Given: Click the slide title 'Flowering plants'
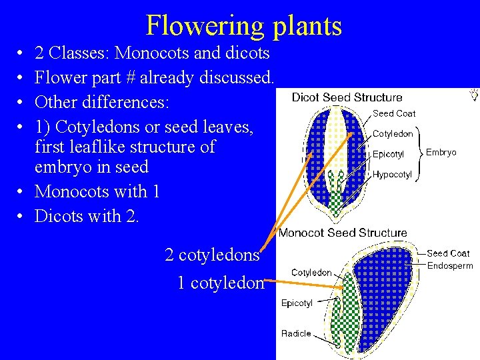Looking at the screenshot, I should pos(243,25).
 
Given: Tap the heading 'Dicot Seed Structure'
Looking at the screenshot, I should pos(347,98).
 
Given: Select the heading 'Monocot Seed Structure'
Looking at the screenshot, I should pos(343,233).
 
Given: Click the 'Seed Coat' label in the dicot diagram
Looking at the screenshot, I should pos(393,113).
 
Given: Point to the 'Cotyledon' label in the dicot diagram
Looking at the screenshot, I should pos(393,133).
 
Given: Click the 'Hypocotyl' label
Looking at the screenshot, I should pos(392,175).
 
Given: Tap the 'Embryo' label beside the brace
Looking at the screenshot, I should pos(441,153).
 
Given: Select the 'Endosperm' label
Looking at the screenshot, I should pos(450,265).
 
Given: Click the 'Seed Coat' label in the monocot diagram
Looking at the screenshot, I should pos(448,253).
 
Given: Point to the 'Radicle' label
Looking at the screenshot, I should pos(296,333).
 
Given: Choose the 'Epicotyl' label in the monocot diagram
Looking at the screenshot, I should pos(297,303).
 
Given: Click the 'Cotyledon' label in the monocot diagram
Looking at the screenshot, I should pos(311,273).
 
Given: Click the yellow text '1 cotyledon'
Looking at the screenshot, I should pos(221,283).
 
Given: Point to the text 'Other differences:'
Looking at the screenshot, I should pos(102,103).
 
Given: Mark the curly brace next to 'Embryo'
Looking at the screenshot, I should pos(421,153).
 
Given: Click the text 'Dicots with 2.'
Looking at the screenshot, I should pos(87,216).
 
